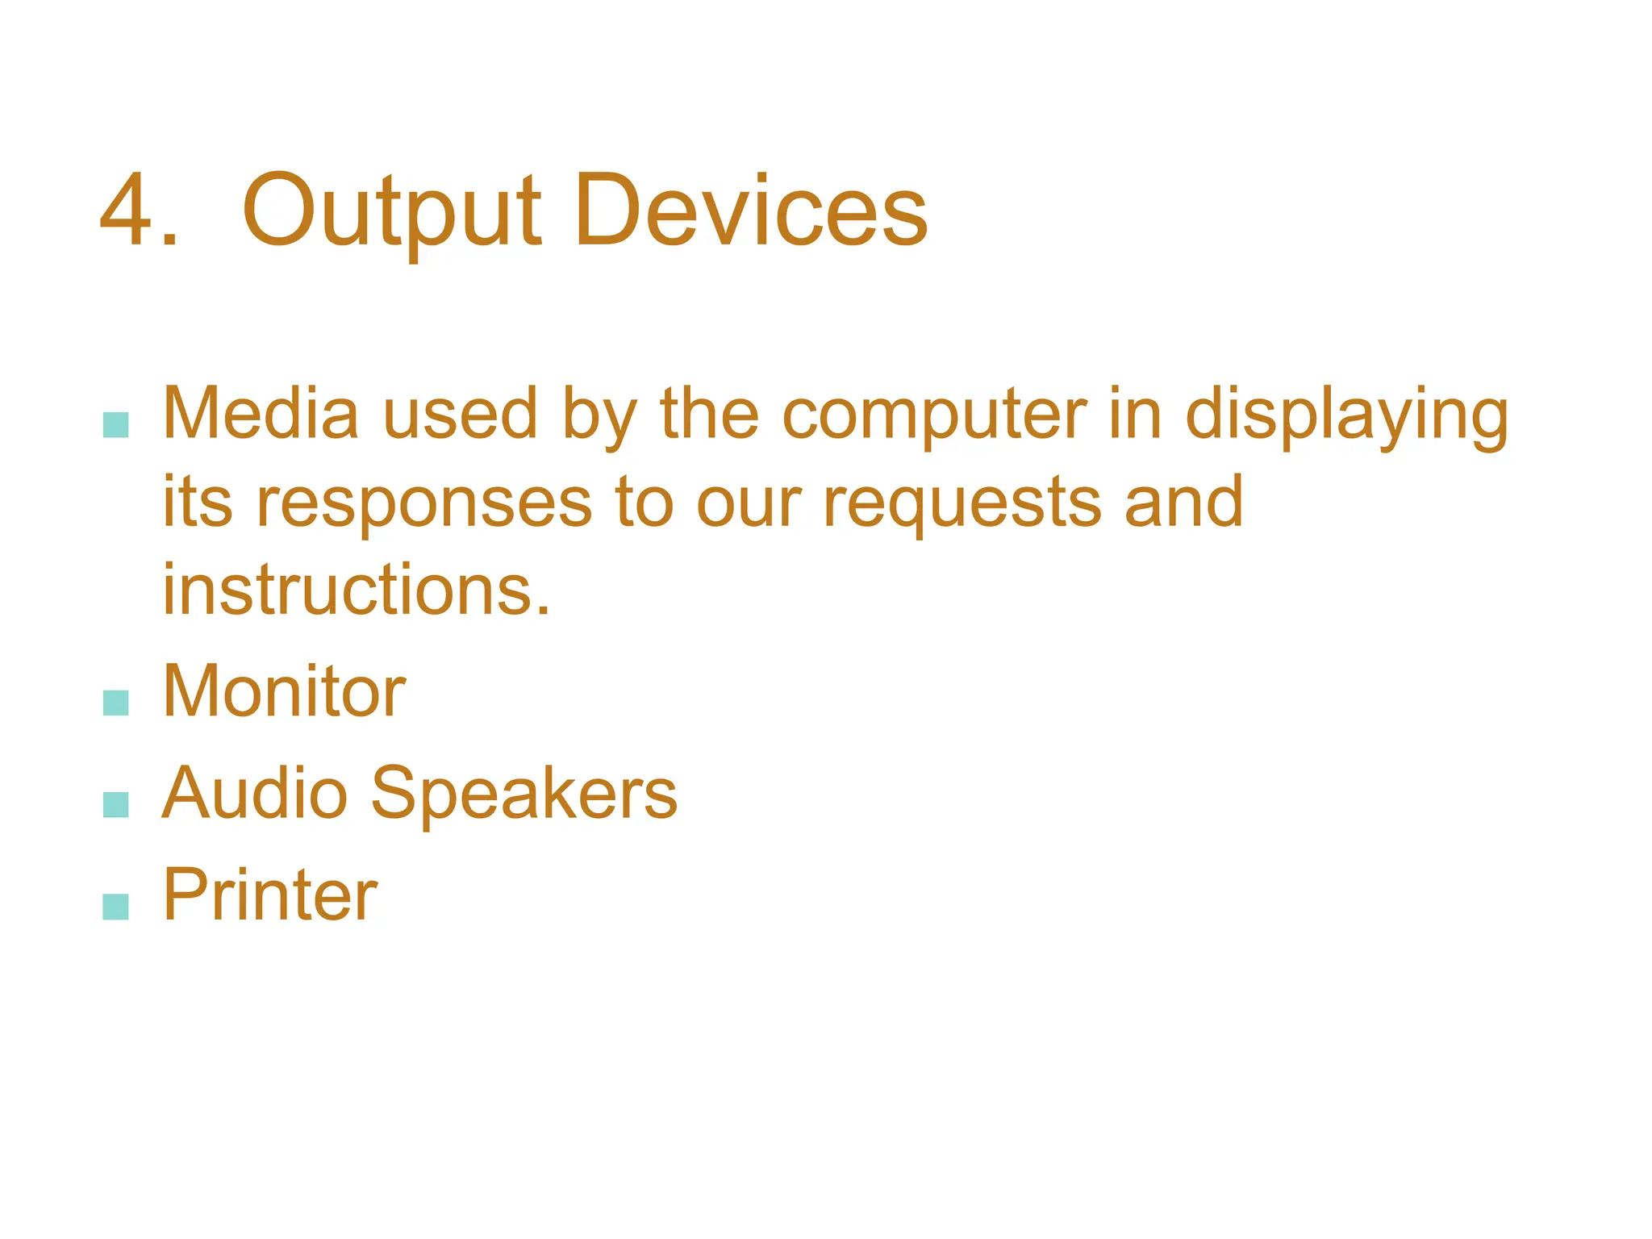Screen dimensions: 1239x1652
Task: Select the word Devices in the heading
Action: [751, 211]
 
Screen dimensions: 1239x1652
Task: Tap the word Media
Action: [261, 414]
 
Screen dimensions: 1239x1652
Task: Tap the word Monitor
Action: [284, 691]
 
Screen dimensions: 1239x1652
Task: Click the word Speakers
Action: [524, 795]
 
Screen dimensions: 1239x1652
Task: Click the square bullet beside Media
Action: [116, 425]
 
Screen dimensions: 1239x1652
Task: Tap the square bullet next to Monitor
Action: [116, 703]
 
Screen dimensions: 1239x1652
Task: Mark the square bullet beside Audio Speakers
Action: [116, 804]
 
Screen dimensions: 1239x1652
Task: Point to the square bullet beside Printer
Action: [116, 906]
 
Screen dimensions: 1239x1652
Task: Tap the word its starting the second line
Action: [198, 502]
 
